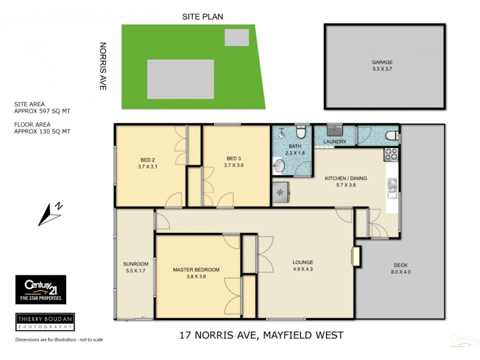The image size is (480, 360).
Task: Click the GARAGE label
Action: pyautogui.click(x=382, y=61)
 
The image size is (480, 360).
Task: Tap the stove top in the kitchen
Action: pyautogui.click(x=391, y=154)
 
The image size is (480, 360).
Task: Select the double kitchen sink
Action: pyautogui.click(x=392, y=187)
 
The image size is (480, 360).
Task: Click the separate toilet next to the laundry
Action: pyautogui.click(x=391, y=135)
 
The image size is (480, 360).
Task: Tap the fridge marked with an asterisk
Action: pyautogui.click(x=280, y=193)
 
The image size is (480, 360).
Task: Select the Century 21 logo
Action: pyautogui.click(x=40, y=289)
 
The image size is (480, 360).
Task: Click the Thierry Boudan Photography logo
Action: pyautogui.click(x=44, y=322)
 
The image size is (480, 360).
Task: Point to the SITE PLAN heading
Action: pyautogui.click(x=203, y=17)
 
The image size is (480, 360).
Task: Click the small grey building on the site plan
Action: pyautogui.click(x=236, y=37)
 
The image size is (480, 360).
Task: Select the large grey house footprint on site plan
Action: pyautogui.click(x=180, y=79)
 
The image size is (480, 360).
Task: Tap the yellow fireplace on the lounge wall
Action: pyautogui.click(x=356, y=257)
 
